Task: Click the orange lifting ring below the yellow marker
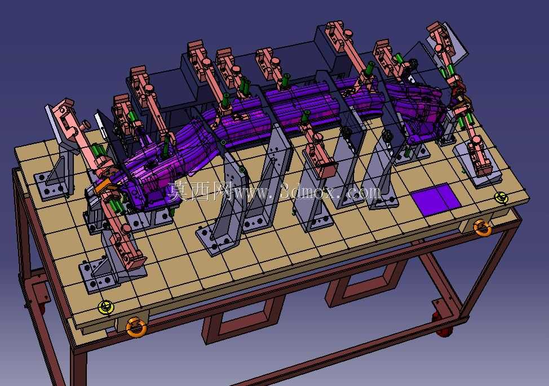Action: point(136,327)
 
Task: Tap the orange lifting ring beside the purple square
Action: point(482,228)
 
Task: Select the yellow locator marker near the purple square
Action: point(502,198)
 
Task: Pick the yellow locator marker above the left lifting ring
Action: point(106,307)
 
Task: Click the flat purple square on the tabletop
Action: point(435,199)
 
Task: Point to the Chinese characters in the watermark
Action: point(200,191)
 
